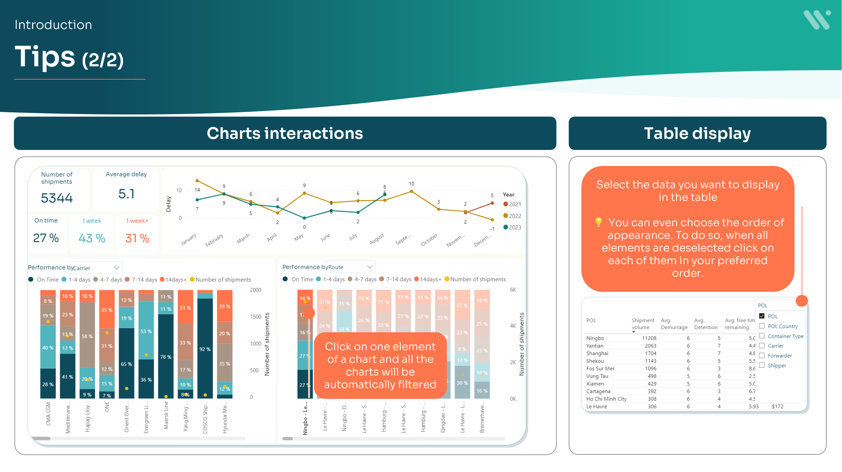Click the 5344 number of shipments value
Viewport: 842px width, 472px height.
56,198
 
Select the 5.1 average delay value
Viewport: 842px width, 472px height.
126,194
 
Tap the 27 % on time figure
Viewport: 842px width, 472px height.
46,238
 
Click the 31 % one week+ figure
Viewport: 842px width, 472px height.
137,238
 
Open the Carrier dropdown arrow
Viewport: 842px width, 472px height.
116,268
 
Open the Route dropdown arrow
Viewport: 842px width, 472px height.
370,267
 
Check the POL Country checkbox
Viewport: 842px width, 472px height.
762,326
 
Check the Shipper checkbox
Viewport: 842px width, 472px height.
762,365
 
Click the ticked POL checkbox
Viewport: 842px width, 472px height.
762,316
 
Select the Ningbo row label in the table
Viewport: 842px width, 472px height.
595,338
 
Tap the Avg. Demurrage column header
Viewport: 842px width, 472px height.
674,324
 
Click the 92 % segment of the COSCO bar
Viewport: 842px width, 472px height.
205,349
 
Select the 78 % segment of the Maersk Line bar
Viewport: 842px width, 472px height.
166,357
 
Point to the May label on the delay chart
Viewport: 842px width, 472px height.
299,237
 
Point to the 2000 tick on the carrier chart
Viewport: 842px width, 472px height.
255,290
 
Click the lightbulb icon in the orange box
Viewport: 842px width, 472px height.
598,222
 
